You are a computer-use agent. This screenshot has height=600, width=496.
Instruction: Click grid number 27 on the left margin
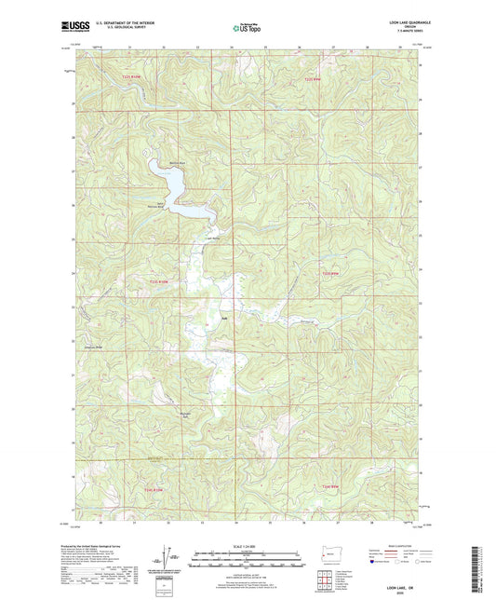pyautogui.click(x=73, y=171)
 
